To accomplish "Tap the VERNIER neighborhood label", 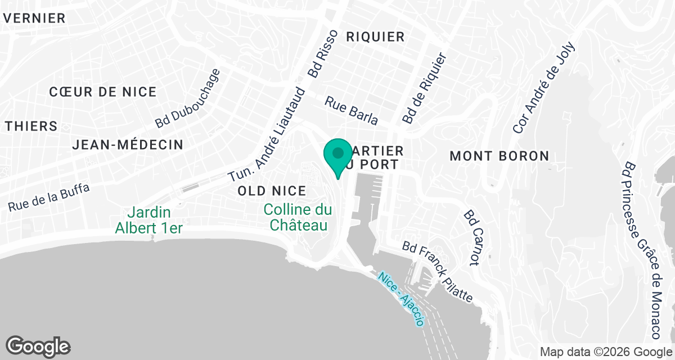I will click(34, 18).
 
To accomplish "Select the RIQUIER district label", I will click(375, 37).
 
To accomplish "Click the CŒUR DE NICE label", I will click(103, 92).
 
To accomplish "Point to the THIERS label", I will click(31, 126).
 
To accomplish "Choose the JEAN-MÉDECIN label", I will click(128, 145).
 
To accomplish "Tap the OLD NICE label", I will click(272, 191).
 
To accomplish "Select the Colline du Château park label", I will click(298, 218).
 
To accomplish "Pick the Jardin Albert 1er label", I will click(150, 220).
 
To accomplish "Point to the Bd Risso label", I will click(323, 54).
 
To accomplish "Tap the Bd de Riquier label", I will click(425, 89).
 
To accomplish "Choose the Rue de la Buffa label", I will click(49, 198).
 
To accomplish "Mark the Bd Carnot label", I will click(471, 237).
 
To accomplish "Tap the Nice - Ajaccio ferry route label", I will click(402, 299).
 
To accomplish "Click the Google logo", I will click(38, 345).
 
